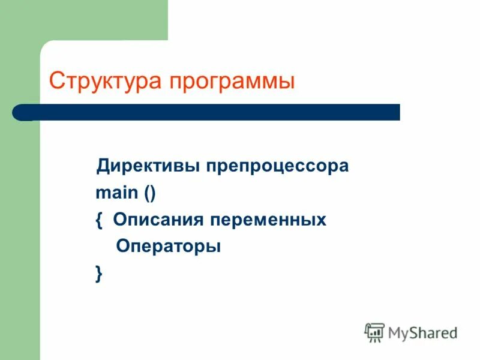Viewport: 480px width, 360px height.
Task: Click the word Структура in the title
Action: pyautogui.click(x=105, y=81)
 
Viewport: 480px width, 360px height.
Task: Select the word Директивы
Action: pyautogui.click(x=149, y=166)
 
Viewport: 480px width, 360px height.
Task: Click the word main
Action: pyautogui.click(x=116, y=193)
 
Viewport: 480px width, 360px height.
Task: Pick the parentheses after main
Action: pyautogui.click(x=149, y=194)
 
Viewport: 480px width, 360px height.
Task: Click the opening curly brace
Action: pyautogui.click(x=99, y=220)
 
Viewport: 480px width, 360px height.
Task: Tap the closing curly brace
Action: pyautogui.click(x=99, y=274)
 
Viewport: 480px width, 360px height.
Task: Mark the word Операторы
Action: pyautogui.click(x=169, y=247)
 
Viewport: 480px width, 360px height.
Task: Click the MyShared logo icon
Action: pyautogui.click(x=374, y=332)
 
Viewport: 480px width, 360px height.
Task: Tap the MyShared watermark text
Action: pyautogui.click(x=423, y=332)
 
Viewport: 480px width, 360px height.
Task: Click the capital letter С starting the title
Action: pyautogui.click(x=56, y=80)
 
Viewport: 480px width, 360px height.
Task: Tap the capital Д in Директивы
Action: pyautogui.click(x=103, y=166)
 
